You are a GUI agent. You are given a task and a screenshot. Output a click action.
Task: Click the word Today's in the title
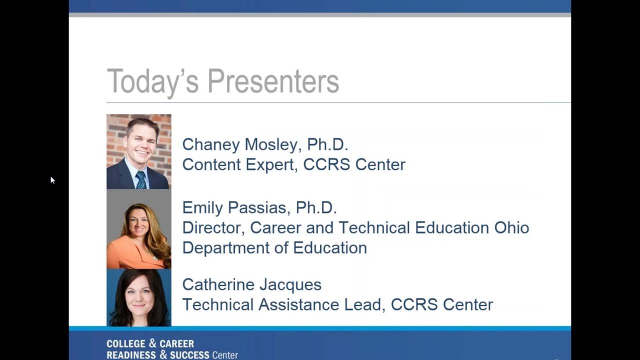[x=153, y=81]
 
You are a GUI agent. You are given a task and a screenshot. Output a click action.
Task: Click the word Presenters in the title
[x=273, y=81]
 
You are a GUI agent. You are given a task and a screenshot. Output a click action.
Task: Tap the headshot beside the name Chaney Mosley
[x=139, y=151]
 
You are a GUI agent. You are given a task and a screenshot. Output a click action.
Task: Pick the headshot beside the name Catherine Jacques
[x=139, y=297]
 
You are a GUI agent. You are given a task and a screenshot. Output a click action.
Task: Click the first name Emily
[x=202, y=207]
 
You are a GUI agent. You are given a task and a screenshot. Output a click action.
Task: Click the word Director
[x=212, y=227]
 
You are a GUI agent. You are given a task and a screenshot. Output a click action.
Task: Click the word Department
[x=226, y=248]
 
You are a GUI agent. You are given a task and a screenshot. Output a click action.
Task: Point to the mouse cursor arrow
[x=52, y=179]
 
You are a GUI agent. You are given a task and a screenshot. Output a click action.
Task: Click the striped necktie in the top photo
[x=140, y=179]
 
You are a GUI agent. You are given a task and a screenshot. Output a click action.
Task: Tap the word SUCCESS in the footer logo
[x=189, y=355]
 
